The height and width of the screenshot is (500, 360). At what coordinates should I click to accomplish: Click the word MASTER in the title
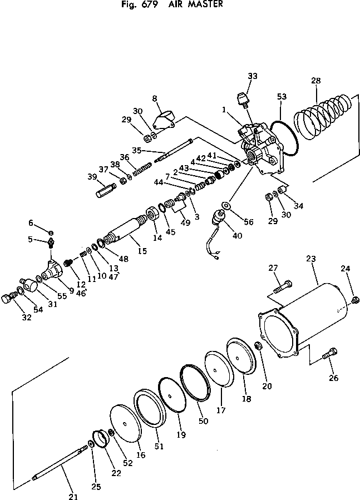(204, 4)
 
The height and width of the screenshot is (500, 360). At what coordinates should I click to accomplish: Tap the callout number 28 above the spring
(315, 81)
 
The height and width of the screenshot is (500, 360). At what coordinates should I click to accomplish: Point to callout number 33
(253, 76)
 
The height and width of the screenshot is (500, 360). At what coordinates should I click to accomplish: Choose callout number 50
(203, 421)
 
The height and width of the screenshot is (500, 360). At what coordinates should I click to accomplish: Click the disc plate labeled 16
(128, 423)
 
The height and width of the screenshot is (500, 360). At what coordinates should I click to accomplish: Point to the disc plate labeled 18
(240, 356)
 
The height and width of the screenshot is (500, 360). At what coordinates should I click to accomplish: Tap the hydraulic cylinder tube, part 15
(127, 229)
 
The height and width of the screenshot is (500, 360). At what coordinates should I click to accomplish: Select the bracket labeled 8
(163, 119)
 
